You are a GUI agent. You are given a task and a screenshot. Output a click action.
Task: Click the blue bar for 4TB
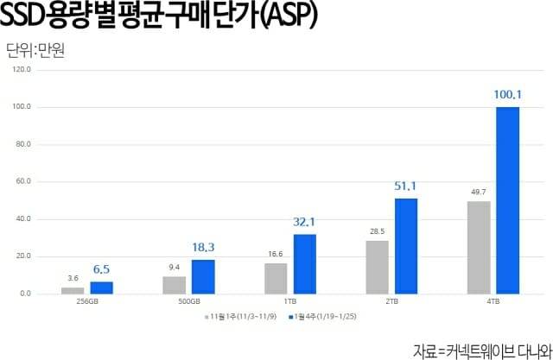(x=507, y=200)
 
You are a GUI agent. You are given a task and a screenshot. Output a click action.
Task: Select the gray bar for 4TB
(x=478, y=248)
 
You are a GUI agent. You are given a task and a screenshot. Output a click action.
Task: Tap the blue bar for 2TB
(x=406, y=246)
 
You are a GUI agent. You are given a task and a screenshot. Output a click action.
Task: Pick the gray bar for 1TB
(x=276, y=279)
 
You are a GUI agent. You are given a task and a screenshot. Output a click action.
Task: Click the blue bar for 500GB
(x=203, y=277)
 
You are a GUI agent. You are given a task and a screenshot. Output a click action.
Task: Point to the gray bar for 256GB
(x=73, y=290)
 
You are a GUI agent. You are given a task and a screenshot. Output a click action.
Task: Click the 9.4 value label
(x=174, y=266)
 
